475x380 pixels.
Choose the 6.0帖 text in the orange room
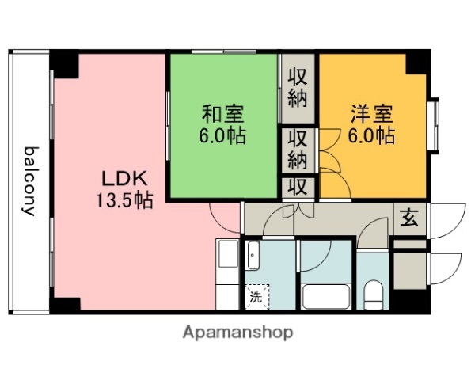pyautogui.click(x=371, y=135)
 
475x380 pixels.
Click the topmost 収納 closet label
pyautogui.click(x=298, y=88)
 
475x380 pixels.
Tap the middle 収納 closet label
pyautogui.click(x=298, y=148)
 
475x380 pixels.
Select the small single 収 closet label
pyautogui.click(x=298, y=188)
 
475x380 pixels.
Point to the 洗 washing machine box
pyautogui.click(x=256, y=298)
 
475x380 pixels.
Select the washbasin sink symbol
pyautogui.click(x=253, y=256)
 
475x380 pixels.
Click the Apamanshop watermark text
pyautogui.click(x=237, y=332)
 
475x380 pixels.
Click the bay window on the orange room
pyautogui.click(x=434, y=125)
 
